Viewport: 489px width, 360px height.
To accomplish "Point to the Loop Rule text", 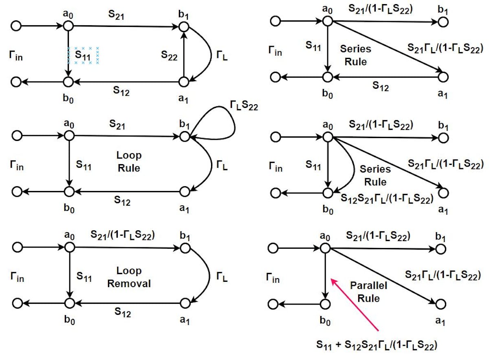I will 129,162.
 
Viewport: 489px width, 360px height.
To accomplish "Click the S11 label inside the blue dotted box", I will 83,55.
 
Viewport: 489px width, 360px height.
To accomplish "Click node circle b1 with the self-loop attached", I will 185,137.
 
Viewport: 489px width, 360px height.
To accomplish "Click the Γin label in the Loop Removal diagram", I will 17,278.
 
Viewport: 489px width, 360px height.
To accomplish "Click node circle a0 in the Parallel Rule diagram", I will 325,247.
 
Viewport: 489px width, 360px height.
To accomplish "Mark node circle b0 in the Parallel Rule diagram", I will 325,304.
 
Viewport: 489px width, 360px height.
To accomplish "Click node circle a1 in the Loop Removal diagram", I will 185,303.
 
